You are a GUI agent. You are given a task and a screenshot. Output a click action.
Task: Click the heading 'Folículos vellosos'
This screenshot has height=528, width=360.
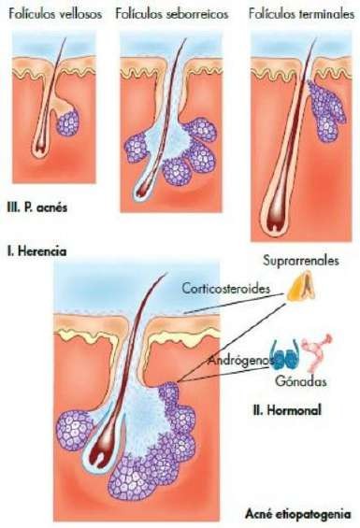(55, 14)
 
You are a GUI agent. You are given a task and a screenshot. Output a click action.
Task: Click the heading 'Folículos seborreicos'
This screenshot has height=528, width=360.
(172, 14)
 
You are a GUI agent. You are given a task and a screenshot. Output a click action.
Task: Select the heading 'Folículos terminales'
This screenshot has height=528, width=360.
(302, 14)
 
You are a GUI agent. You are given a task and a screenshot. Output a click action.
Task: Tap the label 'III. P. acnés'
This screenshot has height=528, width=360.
(37, 207)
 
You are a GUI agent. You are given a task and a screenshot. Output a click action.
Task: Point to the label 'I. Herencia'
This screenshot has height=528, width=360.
(36, 251)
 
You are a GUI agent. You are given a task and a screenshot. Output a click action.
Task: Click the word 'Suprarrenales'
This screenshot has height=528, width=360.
(301, 261)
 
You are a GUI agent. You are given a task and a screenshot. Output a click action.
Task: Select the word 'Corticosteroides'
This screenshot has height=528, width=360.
(226, 289)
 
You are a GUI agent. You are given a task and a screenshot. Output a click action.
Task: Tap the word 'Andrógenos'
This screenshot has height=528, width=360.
(240, 361)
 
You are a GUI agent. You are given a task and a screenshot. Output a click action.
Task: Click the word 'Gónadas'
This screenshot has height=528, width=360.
(301, 381)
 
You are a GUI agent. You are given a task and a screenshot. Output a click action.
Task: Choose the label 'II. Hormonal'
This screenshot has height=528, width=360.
(287, 410)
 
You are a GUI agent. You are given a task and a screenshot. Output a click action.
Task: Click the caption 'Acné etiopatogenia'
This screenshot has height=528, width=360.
(298, 515)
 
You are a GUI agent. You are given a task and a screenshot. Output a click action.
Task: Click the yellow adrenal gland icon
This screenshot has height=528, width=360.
(301, 286)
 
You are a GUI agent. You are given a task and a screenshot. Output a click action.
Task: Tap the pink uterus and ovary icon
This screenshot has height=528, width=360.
(317, 352)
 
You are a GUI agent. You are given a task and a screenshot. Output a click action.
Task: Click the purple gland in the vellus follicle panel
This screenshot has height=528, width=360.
(68, 123)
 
